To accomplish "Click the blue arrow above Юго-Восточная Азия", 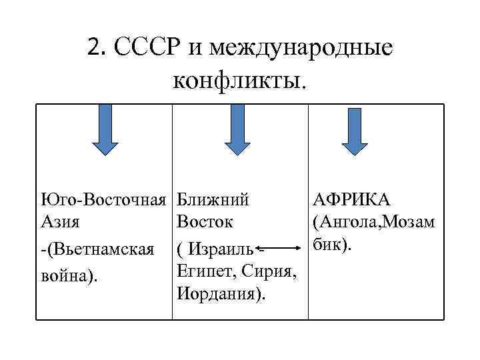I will point(105,129).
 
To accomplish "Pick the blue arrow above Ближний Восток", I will point(237,129).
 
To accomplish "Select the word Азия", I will point(59,221).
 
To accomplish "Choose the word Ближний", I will point(213,200).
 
